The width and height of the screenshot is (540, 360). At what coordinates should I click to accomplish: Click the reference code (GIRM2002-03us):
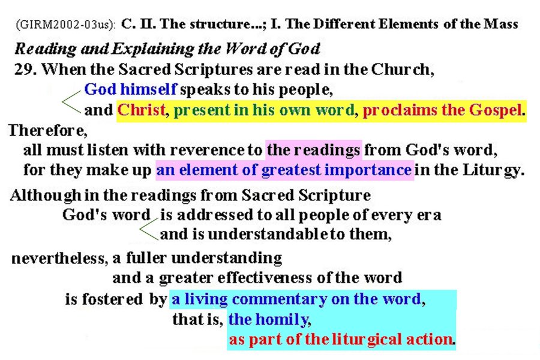tap(65, 25)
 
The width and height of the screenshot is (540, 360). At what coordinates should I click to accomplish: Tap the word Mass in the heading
tap(501, 24)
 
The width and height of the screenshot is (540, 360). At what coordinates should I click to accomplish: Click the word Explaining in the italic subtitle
tap(152, 49)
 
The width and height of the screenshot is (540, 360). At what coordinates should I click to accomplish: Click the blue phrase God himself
tap(131, 89)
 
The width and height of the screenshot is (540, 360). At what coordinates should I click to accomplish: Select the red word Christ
tap(141, 110)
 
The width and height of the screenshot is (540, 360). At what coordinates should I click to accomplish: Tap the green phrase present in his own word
tap(264, 110)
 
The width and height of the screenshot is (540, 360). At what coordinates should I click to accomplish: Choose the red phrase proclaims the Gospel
tap(442, 110)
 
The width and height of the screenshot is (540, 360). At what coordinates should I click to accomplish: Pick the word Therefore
tap(48, 131)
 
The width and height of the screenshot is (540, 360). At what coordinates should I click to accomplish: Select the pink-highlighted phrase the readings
tap(313, 150)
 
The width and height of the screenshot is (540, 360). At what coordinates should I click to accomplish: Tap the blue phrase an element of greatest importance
tap(284, 170)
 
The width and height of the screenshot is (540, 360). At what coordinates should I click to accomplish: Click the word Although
tap(46, 196)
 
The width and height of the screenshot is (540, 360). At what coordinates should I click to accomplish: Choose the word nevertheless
tap(59, 258)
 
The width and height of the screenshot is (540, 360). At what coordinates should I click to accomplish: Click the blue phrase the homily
tap(269, 320)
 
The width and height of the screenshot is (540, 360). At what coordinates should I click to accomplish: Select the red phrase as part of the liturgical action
tap(341, 340)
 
